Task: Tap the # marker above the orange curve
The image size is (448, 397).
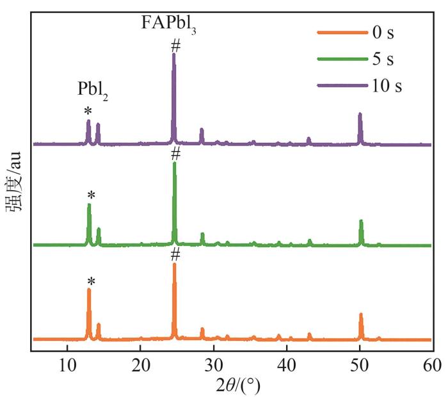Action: (175, 254)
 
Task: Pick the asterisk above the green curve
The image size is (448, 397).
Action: (91, 195)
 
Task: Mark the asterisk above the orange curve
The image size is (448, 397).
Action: (91, 281)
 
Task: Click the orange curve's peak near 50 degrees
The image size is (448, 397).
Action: (361, 315)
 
